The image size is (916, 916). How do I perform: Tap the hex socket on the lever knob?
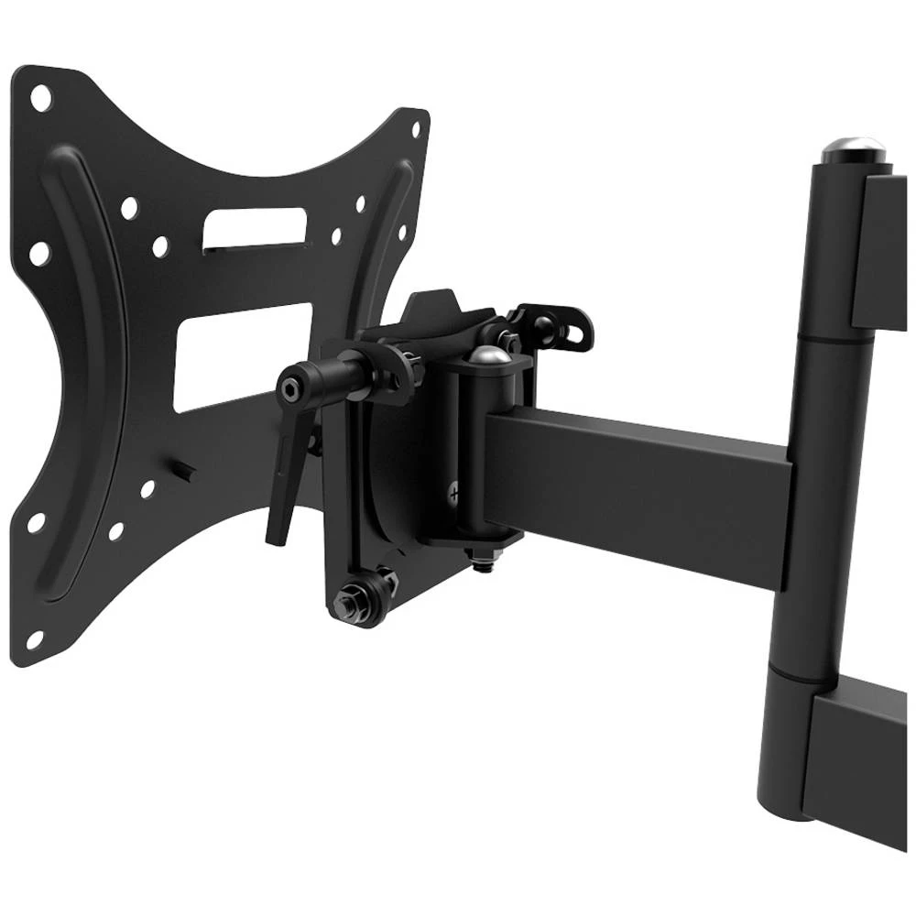[290, 391]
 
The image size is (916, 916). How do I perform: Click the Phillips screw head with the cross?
[455, 495]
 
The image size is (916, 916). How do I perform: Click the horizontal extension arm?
[641, 485]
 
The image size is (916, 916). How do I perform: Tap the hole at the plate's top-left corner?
[38, 95]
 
